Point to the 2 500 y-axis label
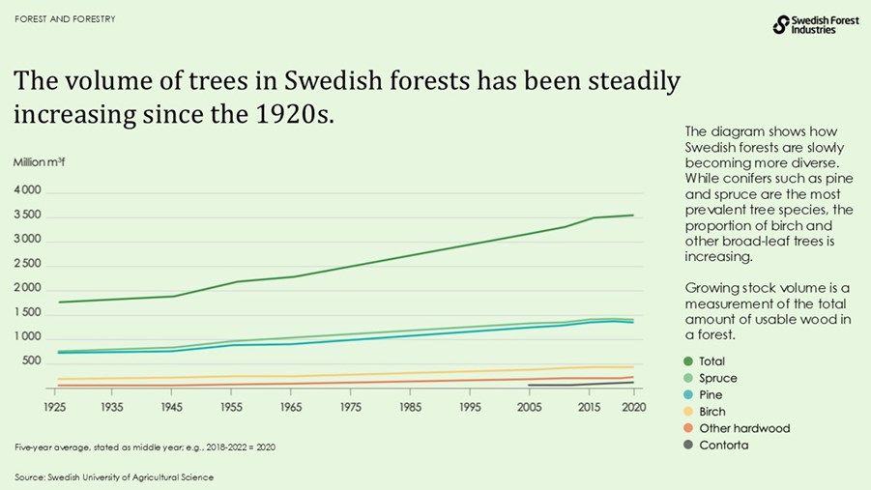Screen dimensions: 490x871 [x=27, y=264]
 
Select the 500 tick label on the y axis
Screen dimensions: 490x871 [x=32, y=361]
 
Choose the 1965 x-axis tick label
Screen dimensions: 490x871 [x=292, y=407]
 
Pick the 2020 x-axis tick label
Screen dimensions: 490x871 [x=634, y=407]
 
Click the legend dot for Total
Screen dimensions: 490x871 [x=690, y=361]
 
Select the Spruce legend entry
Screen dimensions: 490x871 [x=717, y=378]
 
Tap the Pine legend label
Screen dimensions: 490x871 [x=711, y=395]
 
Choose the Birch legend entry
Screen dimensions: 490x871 [x=712, y=412]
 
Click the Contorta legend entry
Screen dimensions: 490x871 [x=723, y=446]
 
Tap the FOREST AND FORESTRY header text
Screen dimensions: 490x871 [x=65, y=19]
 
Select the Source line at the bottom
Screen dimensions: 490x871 [x=114, y=477]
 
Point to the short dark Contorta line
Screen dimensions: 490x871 [x=580, y=385]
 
